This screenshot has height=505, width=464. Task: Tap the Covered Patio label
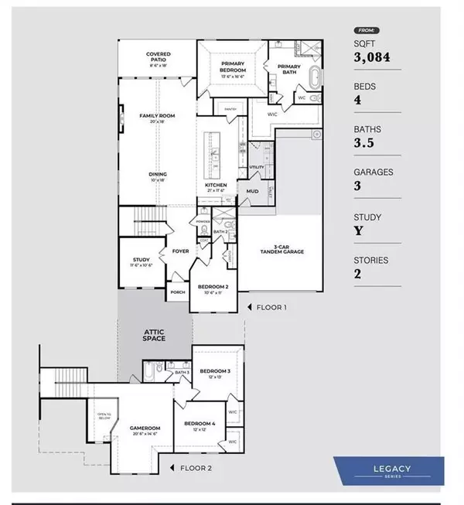click(x=158, y=58)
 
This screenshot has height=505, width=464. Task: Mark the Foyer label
click(x=180, y=251)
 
